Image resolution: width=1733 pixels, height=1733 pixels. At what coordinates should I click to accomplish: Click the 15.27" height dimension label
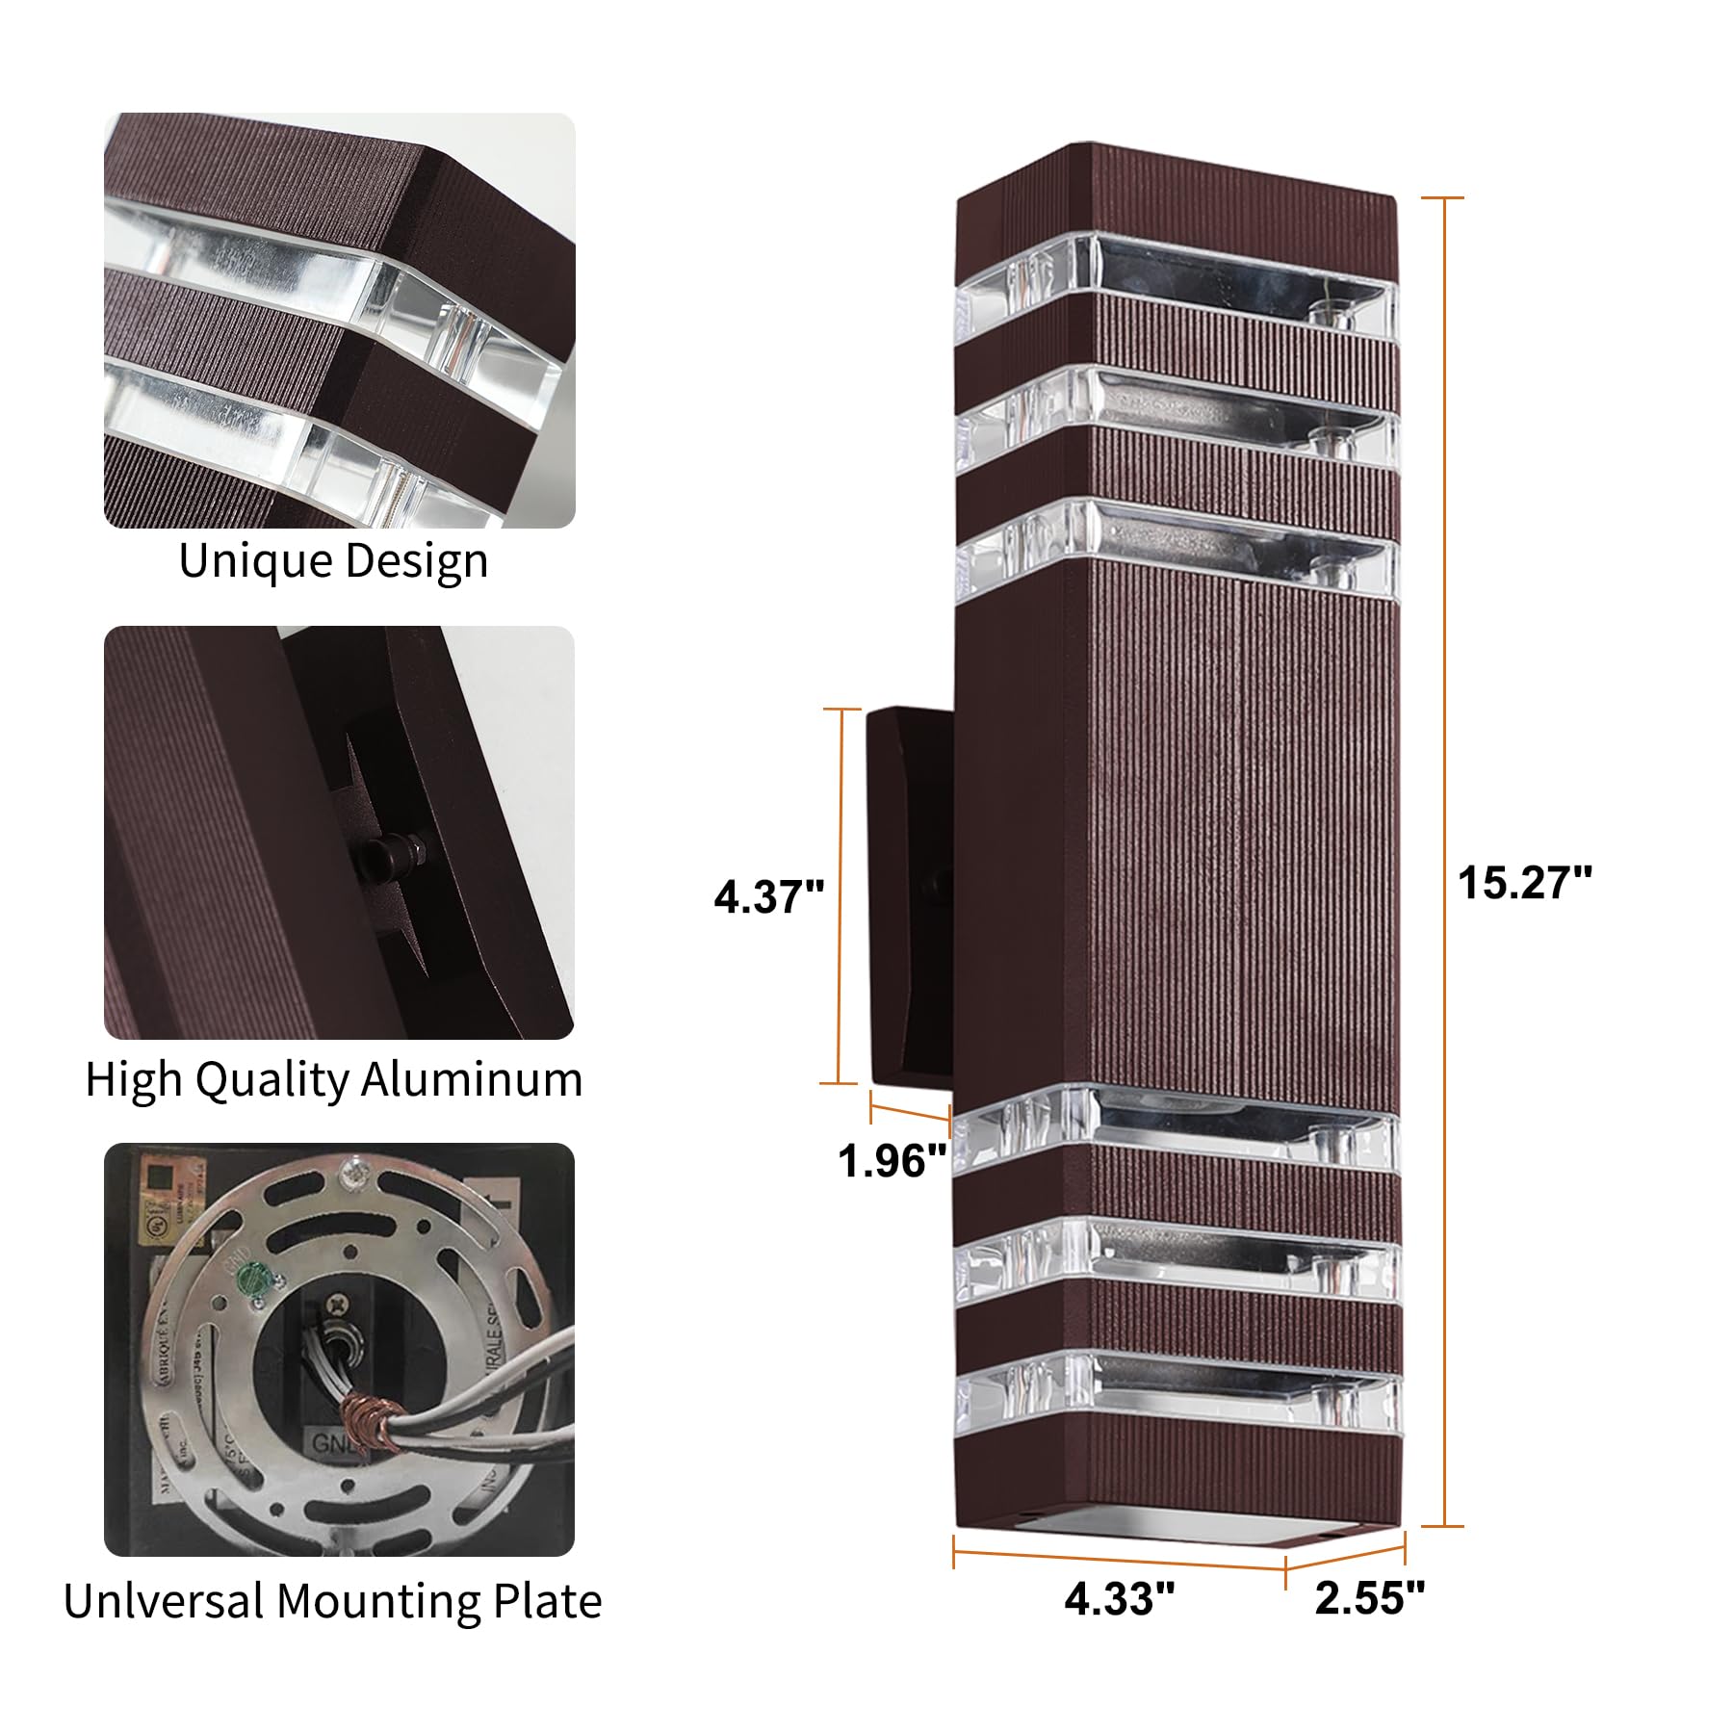point(1524,883)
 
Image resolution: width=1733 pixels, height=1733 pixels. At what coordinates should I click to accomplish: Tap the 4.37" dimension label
point(768,897)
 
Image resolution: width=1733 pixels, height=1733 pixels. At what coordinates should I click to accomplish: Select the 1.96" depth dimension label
point(892,1161)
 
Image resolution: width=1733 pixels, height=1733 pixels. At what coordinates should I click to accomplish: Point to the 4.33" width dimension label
point(1119,1599)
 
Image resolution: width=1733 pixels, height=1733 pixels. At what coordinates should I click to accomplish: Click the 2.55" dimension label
point(1369,1598)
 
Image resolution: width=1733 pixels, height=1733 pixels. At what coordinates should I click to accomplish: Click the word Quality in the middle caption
point(273,1081)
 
